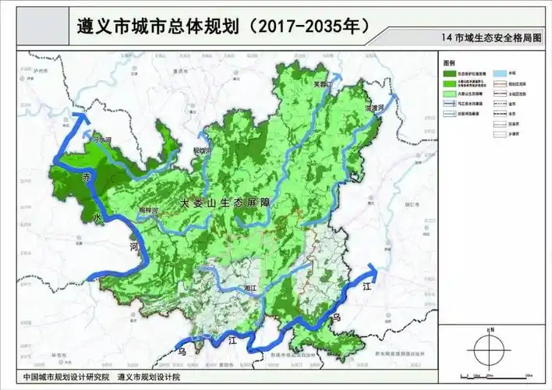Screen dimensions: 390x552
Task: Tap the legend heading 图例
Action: (x=449, y=62)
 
